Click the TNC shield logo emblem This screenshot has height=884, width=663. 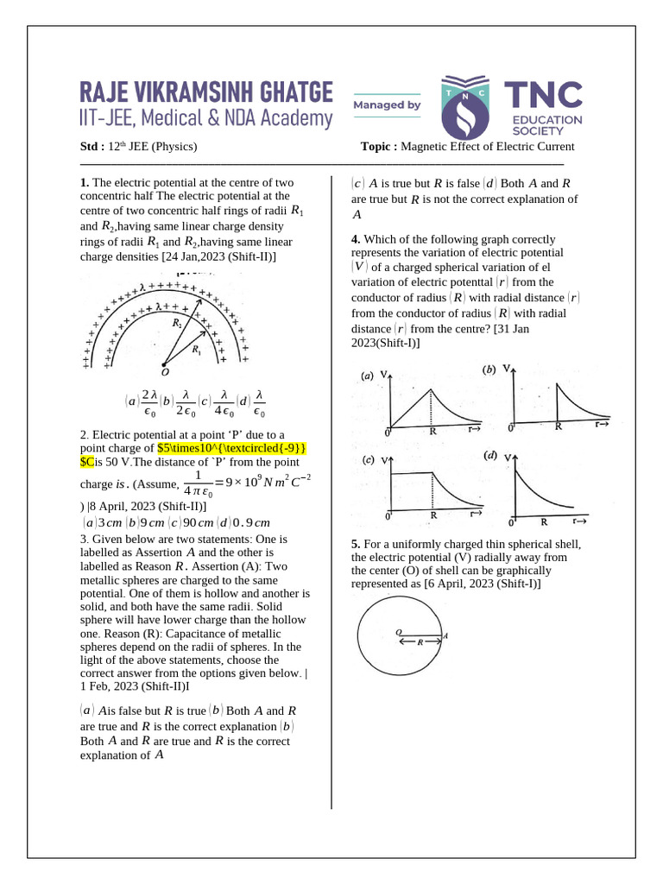pyautogui.click(x=470, y=105)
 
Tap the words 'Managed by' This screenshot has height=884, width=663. pyautogui.click(x=387, y=105)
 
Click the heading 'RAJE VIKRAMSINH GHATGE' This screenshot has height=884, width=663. pyautogui.click(x=206, y=92)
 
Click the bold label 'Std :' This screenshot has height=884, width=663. pyautogui.click(x=92, y=146)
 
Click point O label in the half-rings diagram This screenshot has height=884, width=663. pyautogui.click(x=165, y=372)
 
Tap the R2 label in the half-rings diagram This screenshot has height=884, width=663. pyautogui.click(x=177, y=323)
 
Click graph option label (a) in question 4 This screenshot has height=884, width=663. pyautogui.click(x=367, y=376)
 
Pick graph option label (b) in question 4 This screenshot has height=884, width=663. pyautogui.click(x=489, y=369)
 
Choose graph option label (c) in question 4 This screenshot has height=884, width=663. pyautogui.click(x=368, y=460)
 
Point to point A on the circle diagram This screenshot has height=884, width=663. pyautogui.click(x=445, y=635)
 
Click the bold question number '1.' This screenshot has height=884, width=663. pyautogui.click(x=85, y=183)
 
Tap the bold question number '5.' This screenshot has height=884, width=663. pyautogui.click(x=356, y=544)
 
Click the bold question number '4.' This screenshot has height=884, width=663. pyautogui.click(x=356, y=239)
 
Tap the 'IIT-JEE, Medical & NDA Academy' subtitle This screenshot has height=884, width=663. pyautogui.click(x=206, y=118)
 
